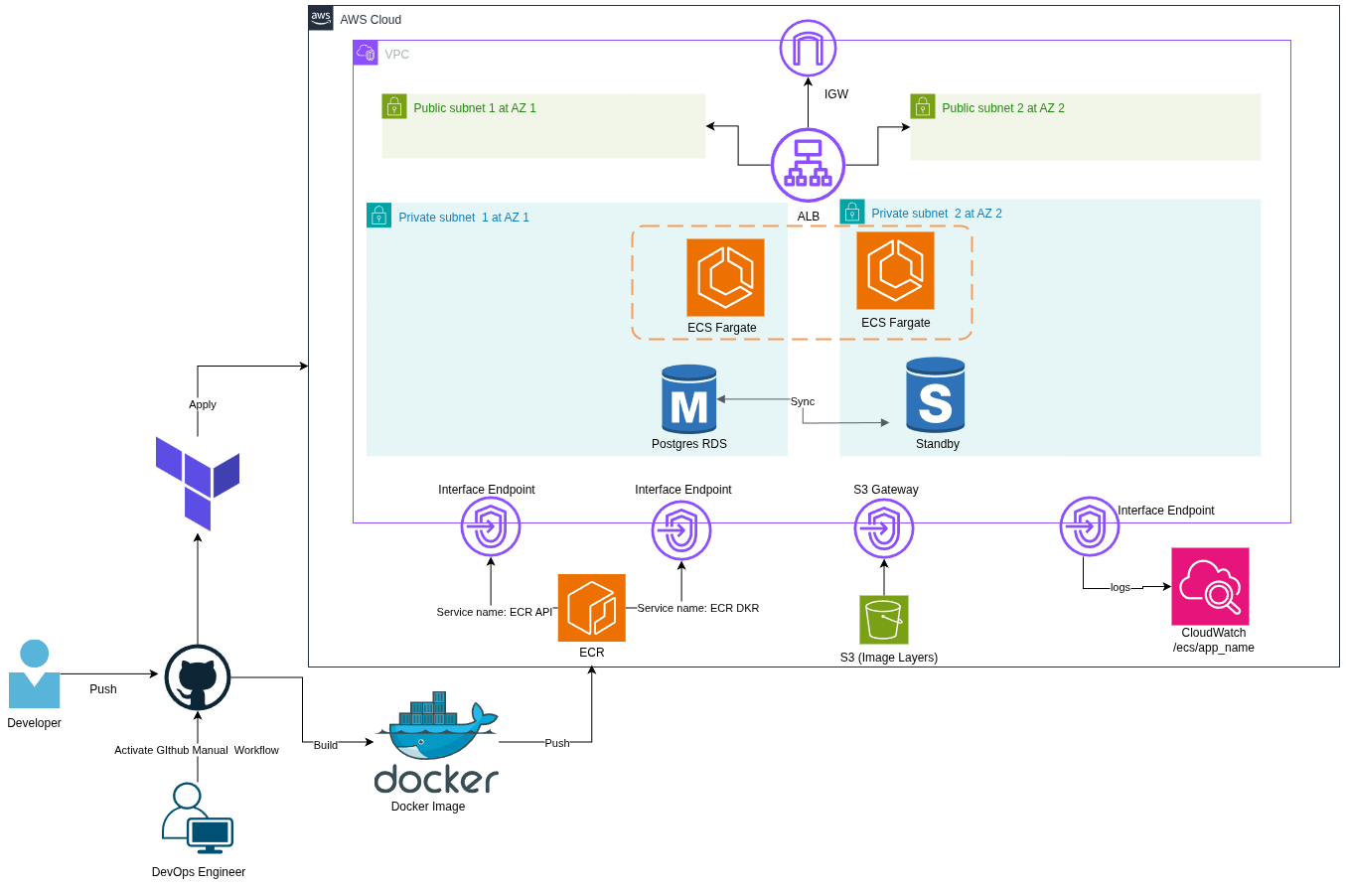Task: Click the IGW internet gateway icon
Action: tap(808, 48)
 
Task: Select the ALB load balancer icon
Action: tap(808, 165)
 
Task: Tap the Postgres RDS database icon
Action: tap(689, 398)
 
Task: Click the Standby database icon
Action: tap(935, 394)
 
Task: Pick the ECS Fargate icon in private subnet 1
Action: tap(725, 277)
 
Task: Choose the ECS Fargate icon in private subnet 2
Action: tap(895, 270)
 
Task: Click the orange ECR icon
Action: tap(591, 608)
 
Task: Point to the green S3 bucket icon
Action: tap(883, 620)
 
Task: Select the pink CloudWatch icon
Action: tap(1210, 586)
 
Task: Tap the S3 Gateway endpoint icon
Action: tap(883, 529)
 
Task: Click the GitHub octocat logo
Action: tap(198, 677)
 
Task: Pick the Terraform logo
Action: tap(198, 482)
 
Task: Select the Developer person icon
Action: tap(34, 674)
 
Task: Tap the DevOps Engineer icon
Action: tap(197, 818)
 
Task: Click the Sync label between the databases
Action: tap(803, 401)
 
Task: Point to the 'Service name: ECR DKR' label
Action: tap(698, 608)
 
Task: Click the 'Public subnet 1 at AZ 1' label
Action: tap(475, 107)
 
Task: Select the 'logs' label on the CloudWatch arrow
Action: tap(1121, 587)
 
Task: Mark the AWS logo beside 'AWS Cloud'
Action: tap(321, 18)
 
